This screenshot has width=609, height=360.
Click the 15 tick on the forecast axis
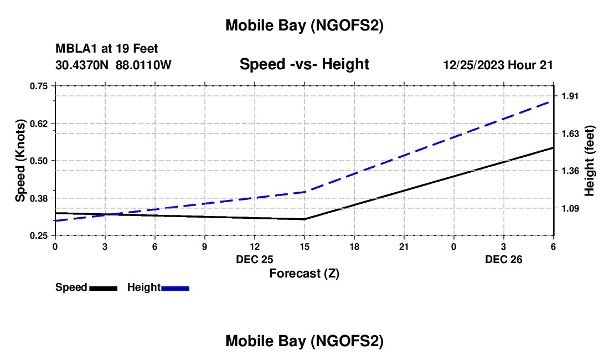[x=304, y=246]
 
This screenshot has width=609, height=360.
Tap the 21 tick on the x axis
[x=404, y=246]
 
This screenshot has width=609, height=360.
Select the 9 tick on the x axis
[x=204, y=246]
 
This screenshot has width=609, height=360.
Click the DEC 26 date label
[x=504, y=259]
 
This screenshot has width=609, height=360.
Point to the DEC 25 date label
[x=255, y=259]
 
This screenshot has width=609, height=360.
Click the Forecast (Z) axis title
[x=304, y=273]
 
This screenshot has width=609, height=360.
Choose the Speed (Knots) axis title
[x=20, y=161]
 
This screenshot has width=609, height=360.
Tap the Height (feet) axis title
[x=589, y=161]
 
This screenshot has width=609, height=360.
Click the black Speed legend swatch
[x=103, y=288]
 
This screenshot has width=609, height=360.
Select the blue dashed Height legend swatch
[x=176, y=288]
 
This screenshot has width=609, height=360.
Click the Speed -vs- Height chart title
[x=304, y=64]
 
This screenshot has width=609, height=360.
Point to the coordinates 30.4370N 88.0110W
[x=113, y=65]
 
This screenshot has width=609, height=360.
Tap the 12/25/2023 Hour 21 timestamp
[x=498, y=65]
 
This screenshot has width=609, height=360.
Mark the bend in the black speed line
[x=304, y=219]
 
